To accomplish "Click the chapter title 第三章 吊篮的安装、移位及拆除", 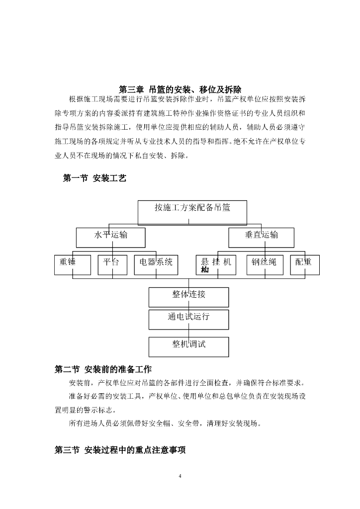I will click(x=180, y=89).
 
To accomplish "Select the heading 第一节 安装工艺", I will click(x=94, y=178).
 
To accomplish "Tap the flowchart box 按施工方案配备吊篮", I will click(x=192, y=211).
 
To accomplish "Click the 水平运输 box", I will click(x=110, y=238).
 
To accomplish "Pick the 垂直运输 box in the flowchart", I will click(x=261, y=238).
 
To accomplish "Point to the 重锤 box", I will click(x=72, y=265).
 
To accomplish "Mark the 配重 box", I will click(x=304, y=265).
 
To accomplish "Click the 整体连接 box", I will click(x=188, y=297).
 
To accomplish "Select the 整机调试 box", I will click(x=188, y=346).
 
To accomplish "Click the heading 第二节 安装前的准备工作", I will click(x=103, y=369).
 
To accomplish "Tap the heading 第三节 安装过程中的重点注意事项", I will click(x=120, y=450).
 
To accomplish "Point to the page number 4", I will click(x=180, y=477).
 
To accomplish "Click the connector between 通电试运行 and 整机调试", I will click(x=188, y=333).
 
